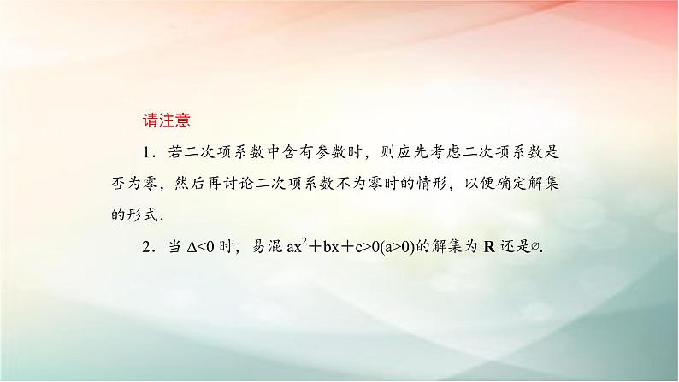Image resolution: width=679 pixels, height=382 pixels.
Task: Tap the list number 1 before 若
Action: click(x=147, y=153)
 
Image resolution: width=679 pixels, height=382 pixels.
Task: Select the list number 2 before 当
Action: click(x=147, y=245)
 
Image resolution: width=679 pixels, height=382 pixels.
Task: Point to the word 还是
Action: click(x=511, y=245)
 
